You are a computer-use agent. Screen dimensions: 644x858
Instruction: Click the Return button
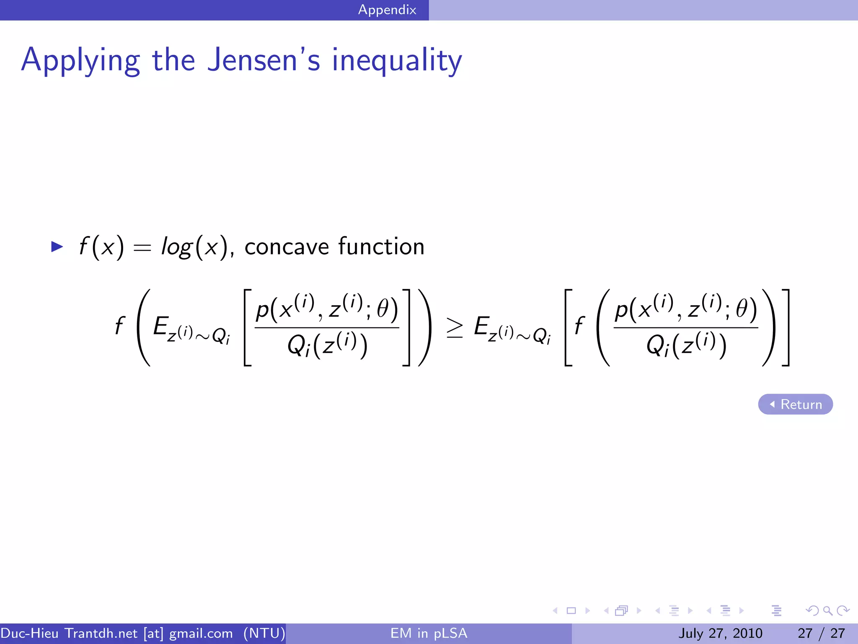795,404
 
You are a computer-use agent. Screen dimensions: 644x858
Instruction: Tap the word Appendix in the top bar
387,10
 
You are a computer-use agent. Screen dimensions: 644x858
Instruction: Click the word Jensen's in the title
264,60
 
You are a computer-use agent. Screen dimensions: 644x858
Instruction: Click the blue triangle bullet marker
57,247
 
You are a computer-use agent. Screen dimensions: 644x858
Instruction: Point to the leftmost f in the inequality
120,326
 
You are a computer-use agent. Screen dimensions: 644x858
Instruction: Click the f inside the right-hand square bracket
579,326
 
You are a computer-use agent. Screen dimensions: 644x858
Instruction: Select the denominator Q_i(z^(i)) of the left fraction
327,346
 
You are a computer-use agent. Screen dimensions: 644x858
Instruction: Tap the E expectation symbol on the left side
161,326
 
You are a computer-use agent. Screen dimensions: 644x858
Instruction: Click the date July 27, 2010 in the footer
720,633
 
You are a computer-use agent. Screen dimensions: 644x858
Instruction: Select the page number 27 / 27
821,633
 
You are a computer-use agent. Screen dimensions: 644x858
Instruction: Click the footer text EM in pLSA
429,633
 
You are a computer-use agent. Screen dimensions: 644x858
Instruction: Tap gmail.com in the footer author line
201,633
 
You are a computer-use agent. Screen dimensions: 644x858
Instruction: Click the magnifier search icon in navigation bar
827,610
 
